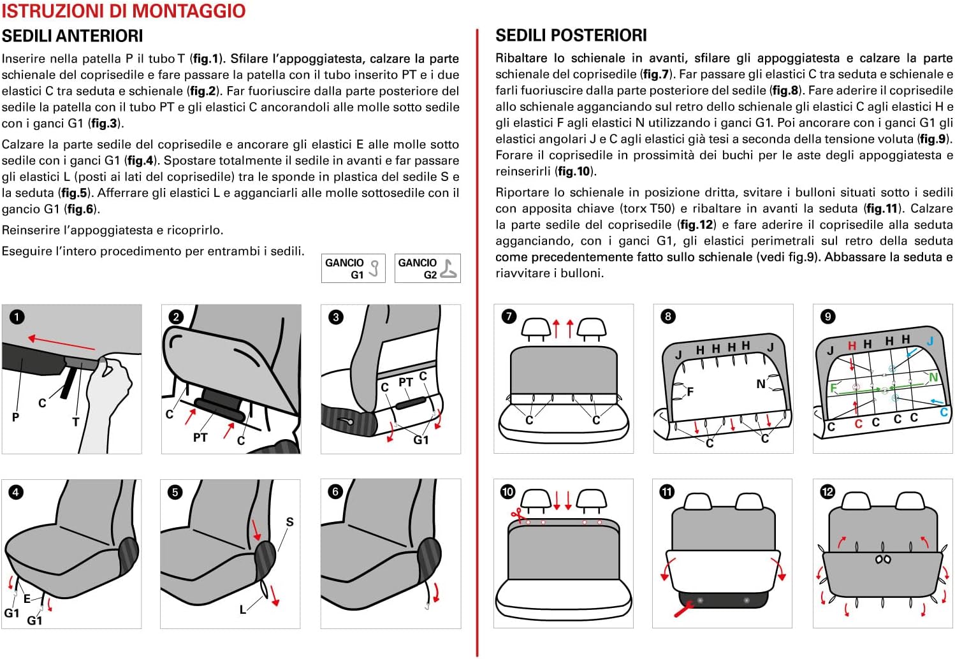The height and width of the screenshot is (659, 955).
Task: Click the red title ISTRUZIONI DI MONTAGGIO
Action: [123, 11]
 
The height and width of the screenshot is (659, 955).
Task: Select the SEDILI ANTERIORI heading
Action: [72, 36]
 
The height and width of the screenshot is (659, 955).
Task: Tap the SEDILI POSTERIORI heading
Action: [571, 35]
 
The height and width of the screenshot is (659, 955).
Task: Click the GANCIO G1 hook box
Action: [353, 268]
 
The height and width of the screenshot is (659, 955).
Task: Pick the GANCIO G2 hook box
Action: [427, 268]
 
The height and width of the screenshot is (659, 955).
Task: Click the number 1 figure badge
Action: [17, 317]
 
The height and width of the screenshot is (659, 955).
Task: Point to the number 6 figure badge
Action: [335, 491]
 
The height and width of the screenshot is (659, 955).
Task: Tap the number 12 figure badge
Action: [827, 491]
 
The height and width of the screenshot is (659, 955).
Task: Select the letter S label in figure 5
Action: [289, 522]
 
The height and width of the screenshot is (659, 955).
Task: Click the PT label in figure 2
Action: [200, 438]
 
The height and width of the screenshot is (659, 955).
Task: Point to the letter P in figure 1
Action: [15, 417]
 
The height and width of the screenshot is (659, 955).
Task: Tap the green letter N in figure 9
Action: [933, 377]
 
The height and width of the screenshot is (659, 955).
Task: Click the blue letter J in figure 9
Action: [929, 342]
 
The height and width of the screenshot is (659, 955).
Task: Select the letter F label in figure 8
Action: [690, 392]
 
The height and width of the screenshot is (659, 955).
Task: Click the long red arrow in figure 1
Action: [61, 343]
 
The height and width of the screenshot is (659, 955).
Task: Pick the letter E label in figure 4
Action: [27, 598]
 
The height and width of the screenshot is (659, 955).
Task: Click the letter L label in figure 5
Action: [243, 610]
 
